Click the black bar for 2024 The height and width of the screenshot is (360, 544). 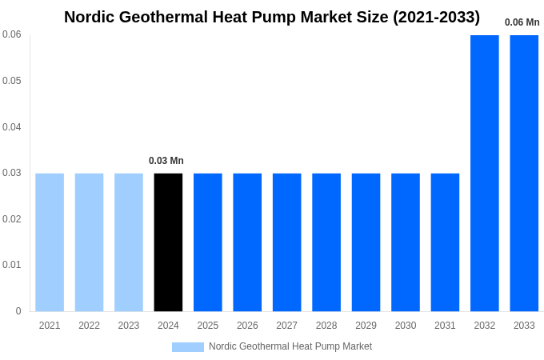tap(168, 242)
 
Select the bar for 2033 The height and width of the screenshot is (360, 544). tap(524, 173)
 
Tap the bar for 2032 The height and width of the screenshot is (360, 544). tap(484, 173)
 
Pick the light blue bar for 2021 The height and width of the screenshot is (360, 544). tap(50, 242)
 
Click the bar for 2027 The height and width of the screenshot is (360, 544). tap(286, 242)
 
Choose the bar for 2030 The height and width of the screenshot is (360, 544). tap(406, 242)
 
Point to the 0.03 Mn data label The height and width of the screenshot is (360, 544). tap(166, 161)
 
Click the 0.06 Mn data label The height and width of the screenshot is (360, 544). tap(522, 22)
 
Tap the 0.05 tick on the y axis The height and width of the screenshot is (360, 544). tap(12, 81)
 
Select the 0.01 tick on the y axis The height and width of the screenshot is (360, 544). tap(12, 265)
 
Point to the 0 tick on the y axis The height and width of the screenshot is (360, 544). tap(18, 311)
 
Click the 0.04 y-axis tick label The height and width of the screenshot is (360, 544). tap(12, 127)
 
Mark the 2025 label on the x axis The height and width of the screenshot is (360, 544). tap(208, 326)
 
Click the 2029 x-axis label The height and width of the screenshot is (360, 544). tap(366, 326)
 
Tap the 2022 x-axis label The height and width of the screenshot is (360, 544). tap(89, 326)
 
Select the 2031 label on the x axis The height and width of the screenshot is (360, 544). tap(445, 326)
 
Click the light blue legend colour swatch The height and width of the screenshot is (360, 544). tap(188, 347)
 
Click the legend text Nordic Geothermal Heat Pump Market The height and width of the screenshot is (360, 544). tap(290, 346)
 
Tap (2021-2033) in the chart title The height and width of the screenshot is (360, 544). tap(436, 17)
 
